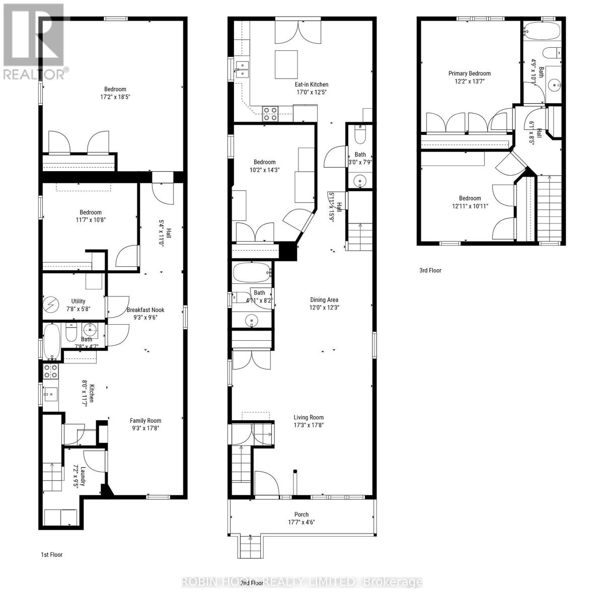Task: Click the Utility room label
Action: pos(78,301)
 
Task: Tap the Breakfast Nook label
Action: pos(145,310)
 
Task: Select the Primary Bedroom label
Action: pos(469,73)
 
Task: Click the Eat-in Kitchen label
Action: pos(312,85)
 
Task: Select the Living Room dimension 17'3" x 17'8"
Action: pos(309,425)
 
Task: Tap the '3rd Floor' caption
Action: pos(430,270)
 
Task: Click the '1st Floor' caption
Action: pos(52,555)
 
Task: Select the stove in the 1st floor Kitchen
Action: pos(50,371)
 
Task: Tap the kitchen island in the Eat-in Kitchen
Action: pos(286,65)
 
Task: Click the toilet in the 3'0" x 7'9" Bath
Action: pos(360,135)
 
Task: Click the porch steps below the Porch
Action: pos(247,547)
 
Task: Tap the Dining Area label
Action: pos(324,300)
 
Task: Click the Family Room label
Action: pos(145,421)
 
